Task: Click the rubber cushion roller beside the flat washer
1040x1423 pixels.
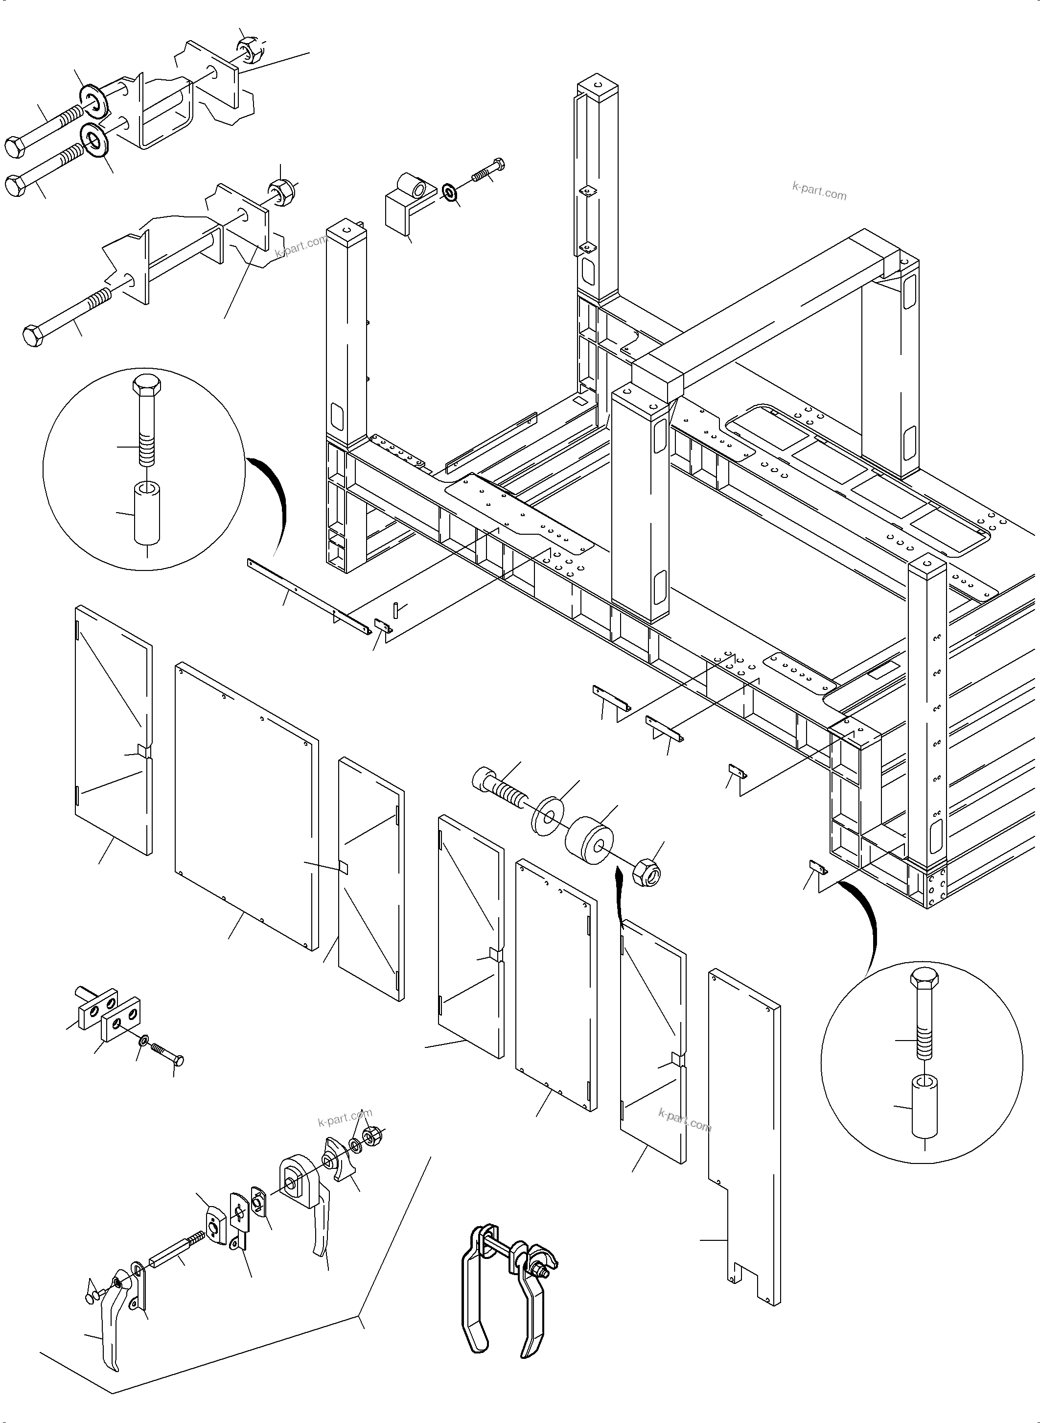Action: [x=590, y=841]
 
